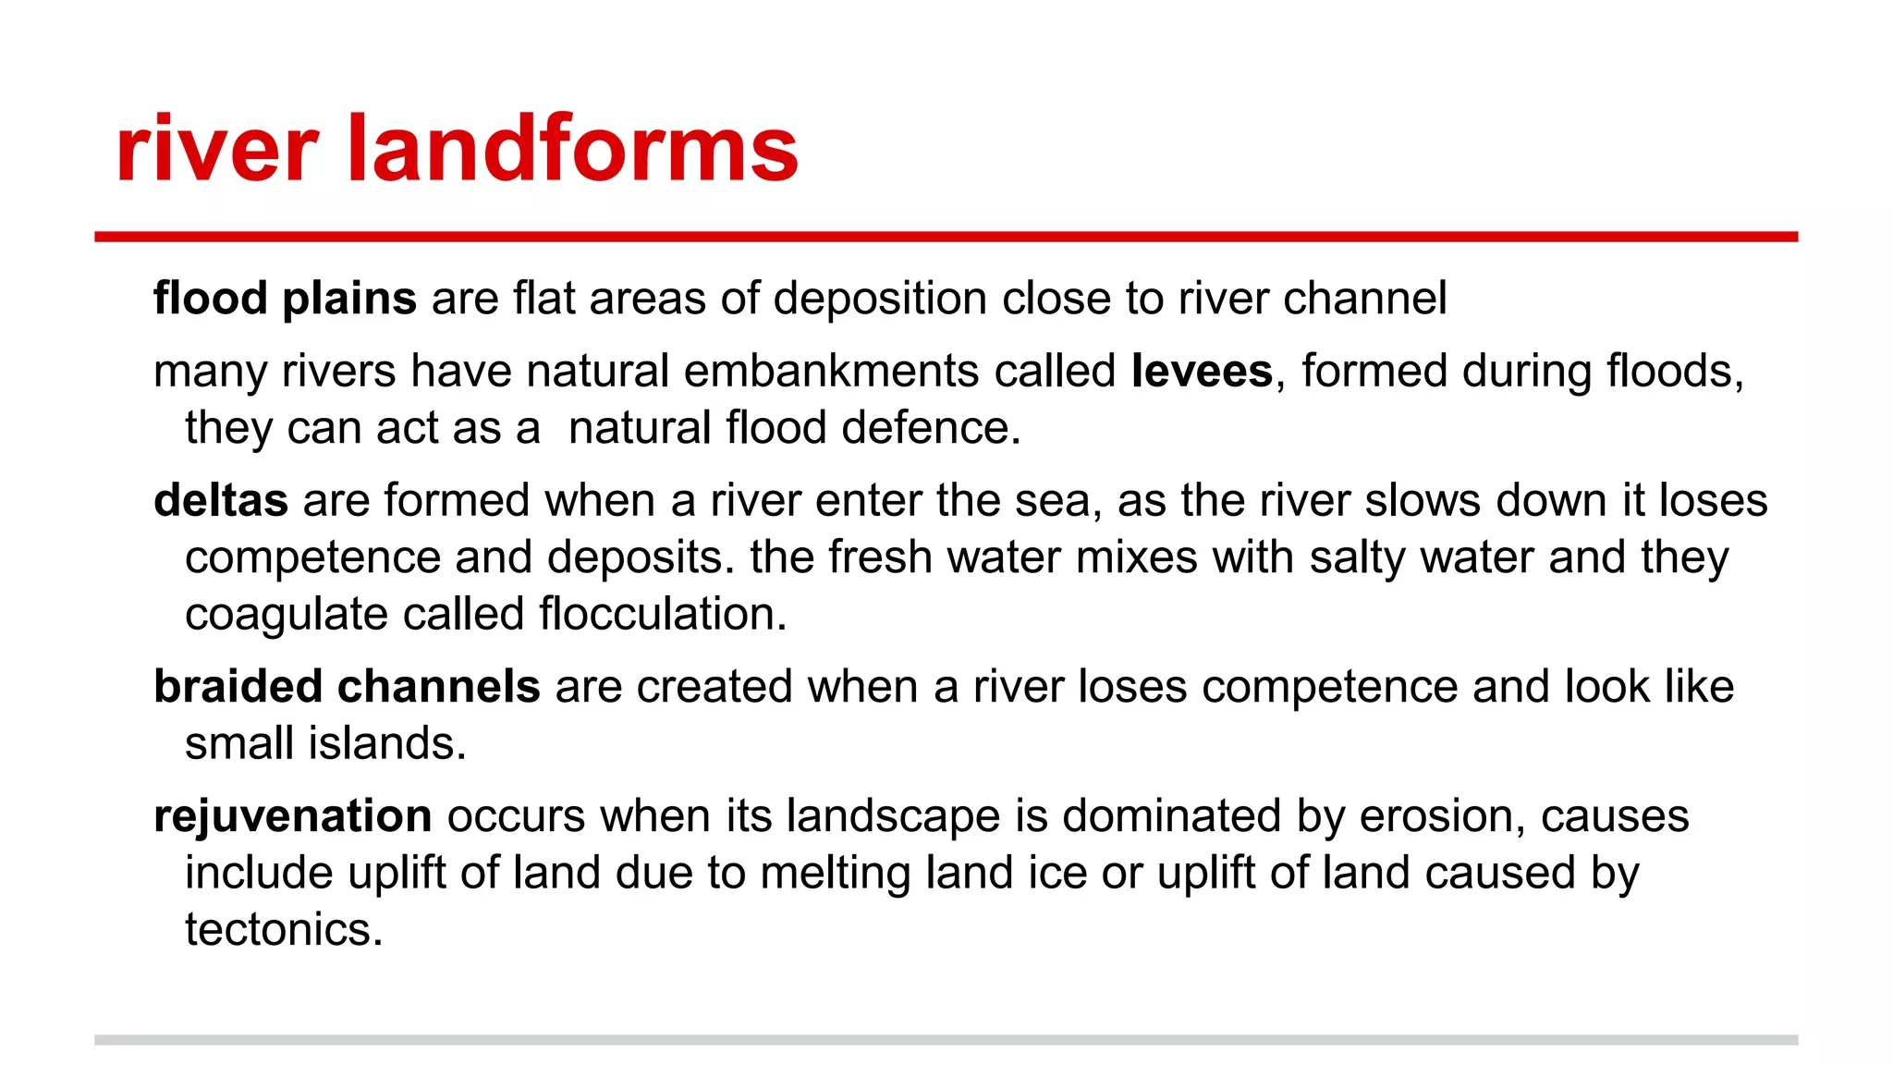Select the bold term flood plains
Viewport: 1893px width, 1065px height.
click(x=285, y=299)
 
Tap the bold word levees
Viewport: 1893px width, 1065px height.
click(x=1202, y=371)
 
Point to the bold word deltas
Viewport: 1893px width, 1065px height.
click(x=221, y=500)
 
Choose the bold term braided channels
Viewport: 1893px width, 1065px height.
click(x=347, y=687)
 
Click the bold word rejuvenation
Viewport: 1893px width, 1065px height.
click(x=293, y=816)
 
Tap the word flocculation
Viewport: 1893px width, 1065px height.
click(x=662, y=614)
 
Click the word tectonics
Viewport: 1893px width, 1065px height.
click(x=284, y=929)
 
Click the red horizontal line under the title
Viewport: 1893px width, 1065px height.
click(x=946, y=238)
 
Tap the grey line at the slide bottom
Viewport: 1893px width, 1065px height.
click(x=946, y=1040)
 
